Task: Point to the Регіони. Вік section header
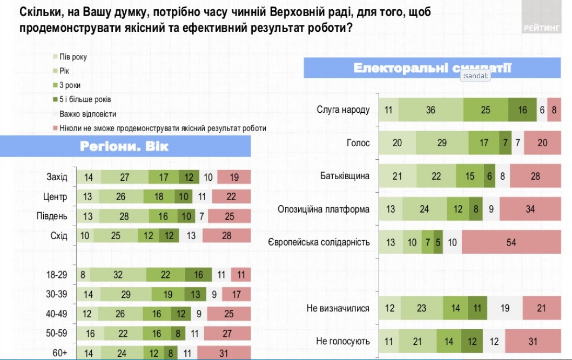tap(125, 146)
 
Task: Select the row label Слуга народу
tap(343, 110)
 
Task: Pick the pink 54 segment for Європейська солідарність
tap(511, 242)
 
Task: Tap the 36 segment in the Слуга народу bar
tap(430, 110)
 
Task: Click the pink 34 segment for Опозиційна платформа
tap(530, 209)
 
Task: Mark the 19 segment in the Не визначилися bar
tap(504, 308)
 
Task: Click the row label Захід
tap(57, 176)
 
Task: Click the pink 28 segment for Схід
tap(227, 236)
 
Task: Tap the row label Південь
tap(52, 216)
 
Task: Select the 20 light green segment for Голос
tap(397, 143)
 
